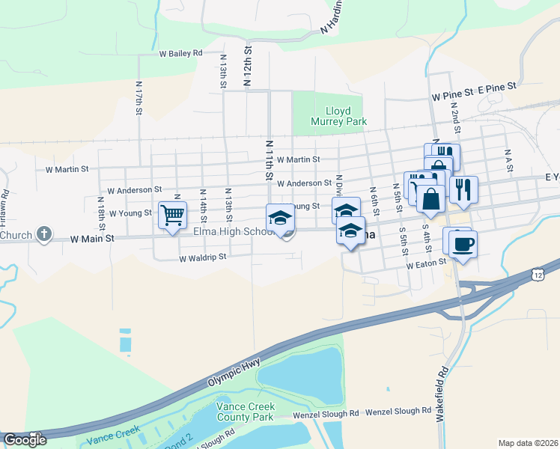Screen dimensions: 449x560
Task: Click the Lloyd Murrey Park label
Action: pyautogui.click(x=330, y=115)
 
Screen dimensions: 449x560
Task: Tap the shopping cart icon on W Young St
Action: pyautogui.click(x=172, y=216)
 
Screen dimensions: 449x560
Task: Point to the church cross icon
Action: pyautogui.click(x=44, y=234)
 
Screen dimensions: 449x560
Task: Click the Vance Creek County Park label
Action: pyautogui.click(x=245, y=412)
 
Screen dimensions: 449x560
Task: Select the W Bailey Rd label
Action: pyautogui.click(x=180, y=54)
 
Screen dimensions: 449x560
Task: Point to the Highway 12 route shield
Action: pyautogui.click(x=538, y=276)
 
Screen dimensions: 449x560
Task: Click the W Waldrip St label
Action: pyautogui.click(x=203, y=260)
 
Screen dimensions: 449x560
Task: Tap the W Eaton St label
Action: pyautogui.click(x=426, y=264)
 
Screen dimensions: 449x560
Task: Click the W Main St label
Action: pyautogui.click(x=91, y=239)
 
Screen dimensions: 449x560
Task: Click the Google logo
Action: pyautogui.click(x=25, y=440)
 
